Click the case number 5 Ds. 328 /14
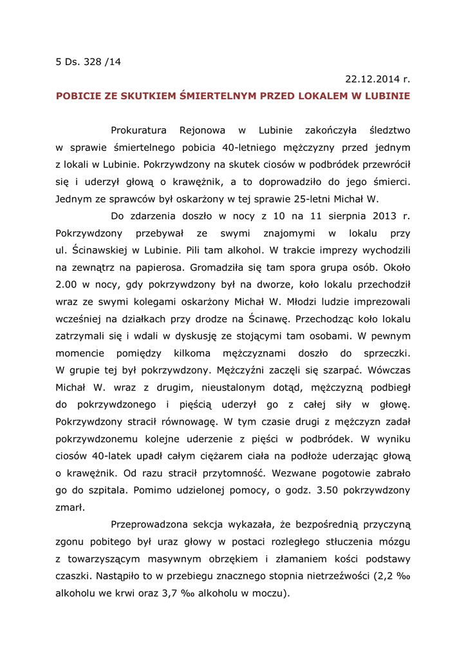pyautogui.click(x=88, y=63)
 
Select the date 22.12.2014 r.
pyautogui.click(x=377, y=80)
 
